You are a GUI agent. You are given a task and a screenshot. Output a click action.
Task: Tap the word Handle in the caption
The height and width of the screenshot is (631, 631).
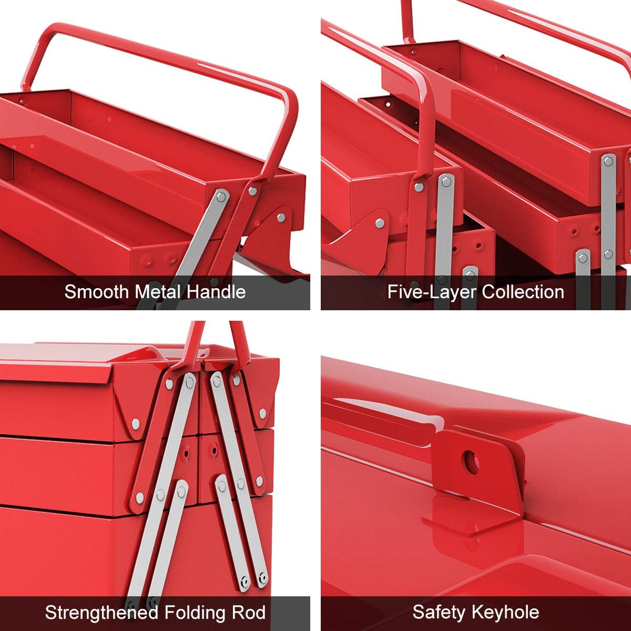point(217,291)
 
